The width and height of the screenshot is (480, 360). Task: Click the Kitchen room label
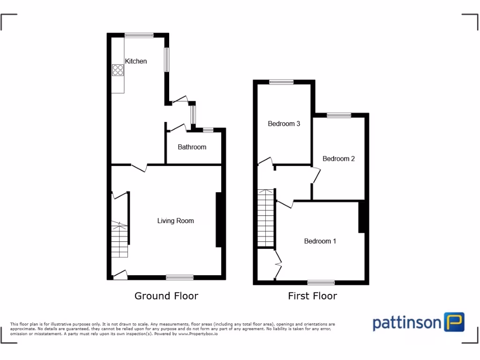pos(135,61)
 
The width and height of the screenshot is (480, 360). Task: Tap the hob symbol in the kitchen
pos(118,69)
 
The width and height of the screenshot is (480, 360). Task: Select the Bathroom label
pos(192,147)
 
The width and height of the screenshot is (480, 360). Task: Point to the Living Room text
pos(175,221)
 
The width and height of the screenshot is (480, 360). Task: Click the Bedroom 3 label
pos(284,124)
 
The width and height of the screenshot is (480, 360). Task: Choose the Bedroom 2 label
pos(338,158)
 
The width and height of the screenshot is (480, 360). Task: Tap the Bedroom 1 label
pos(320,241)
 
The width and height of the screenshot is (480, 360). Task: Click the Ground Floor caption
pos(166,296)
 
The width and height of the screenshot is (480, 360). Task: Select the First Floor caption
pos(312,296)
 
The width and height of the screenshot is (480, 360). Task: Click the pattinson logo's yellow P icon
pos(454,322)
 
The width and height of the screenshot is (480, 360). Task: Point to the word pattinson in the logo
pos(407,323)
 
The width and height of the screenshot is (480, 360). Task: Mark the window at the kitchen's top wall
pos(139,35)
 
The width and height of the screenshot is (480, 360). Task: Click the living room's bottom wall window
pos(180,277)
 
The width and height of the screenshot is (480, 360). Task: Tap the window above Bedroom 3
pos(281,82)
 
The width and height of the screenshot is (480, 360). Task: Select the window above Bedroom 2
pos(339,115)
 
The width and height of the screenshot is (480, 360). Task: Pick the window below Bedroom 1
pos(321,283)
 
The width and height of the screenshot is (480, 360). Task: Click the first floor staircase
pos(265,217)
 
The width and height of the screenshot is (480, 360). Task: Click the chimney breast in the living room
pos(218,219)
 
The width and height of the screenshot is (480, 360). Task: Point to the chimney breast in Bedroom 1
pos(361,217)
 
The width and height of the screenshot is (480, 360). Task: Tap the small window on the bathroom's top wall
pos(208,130)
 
